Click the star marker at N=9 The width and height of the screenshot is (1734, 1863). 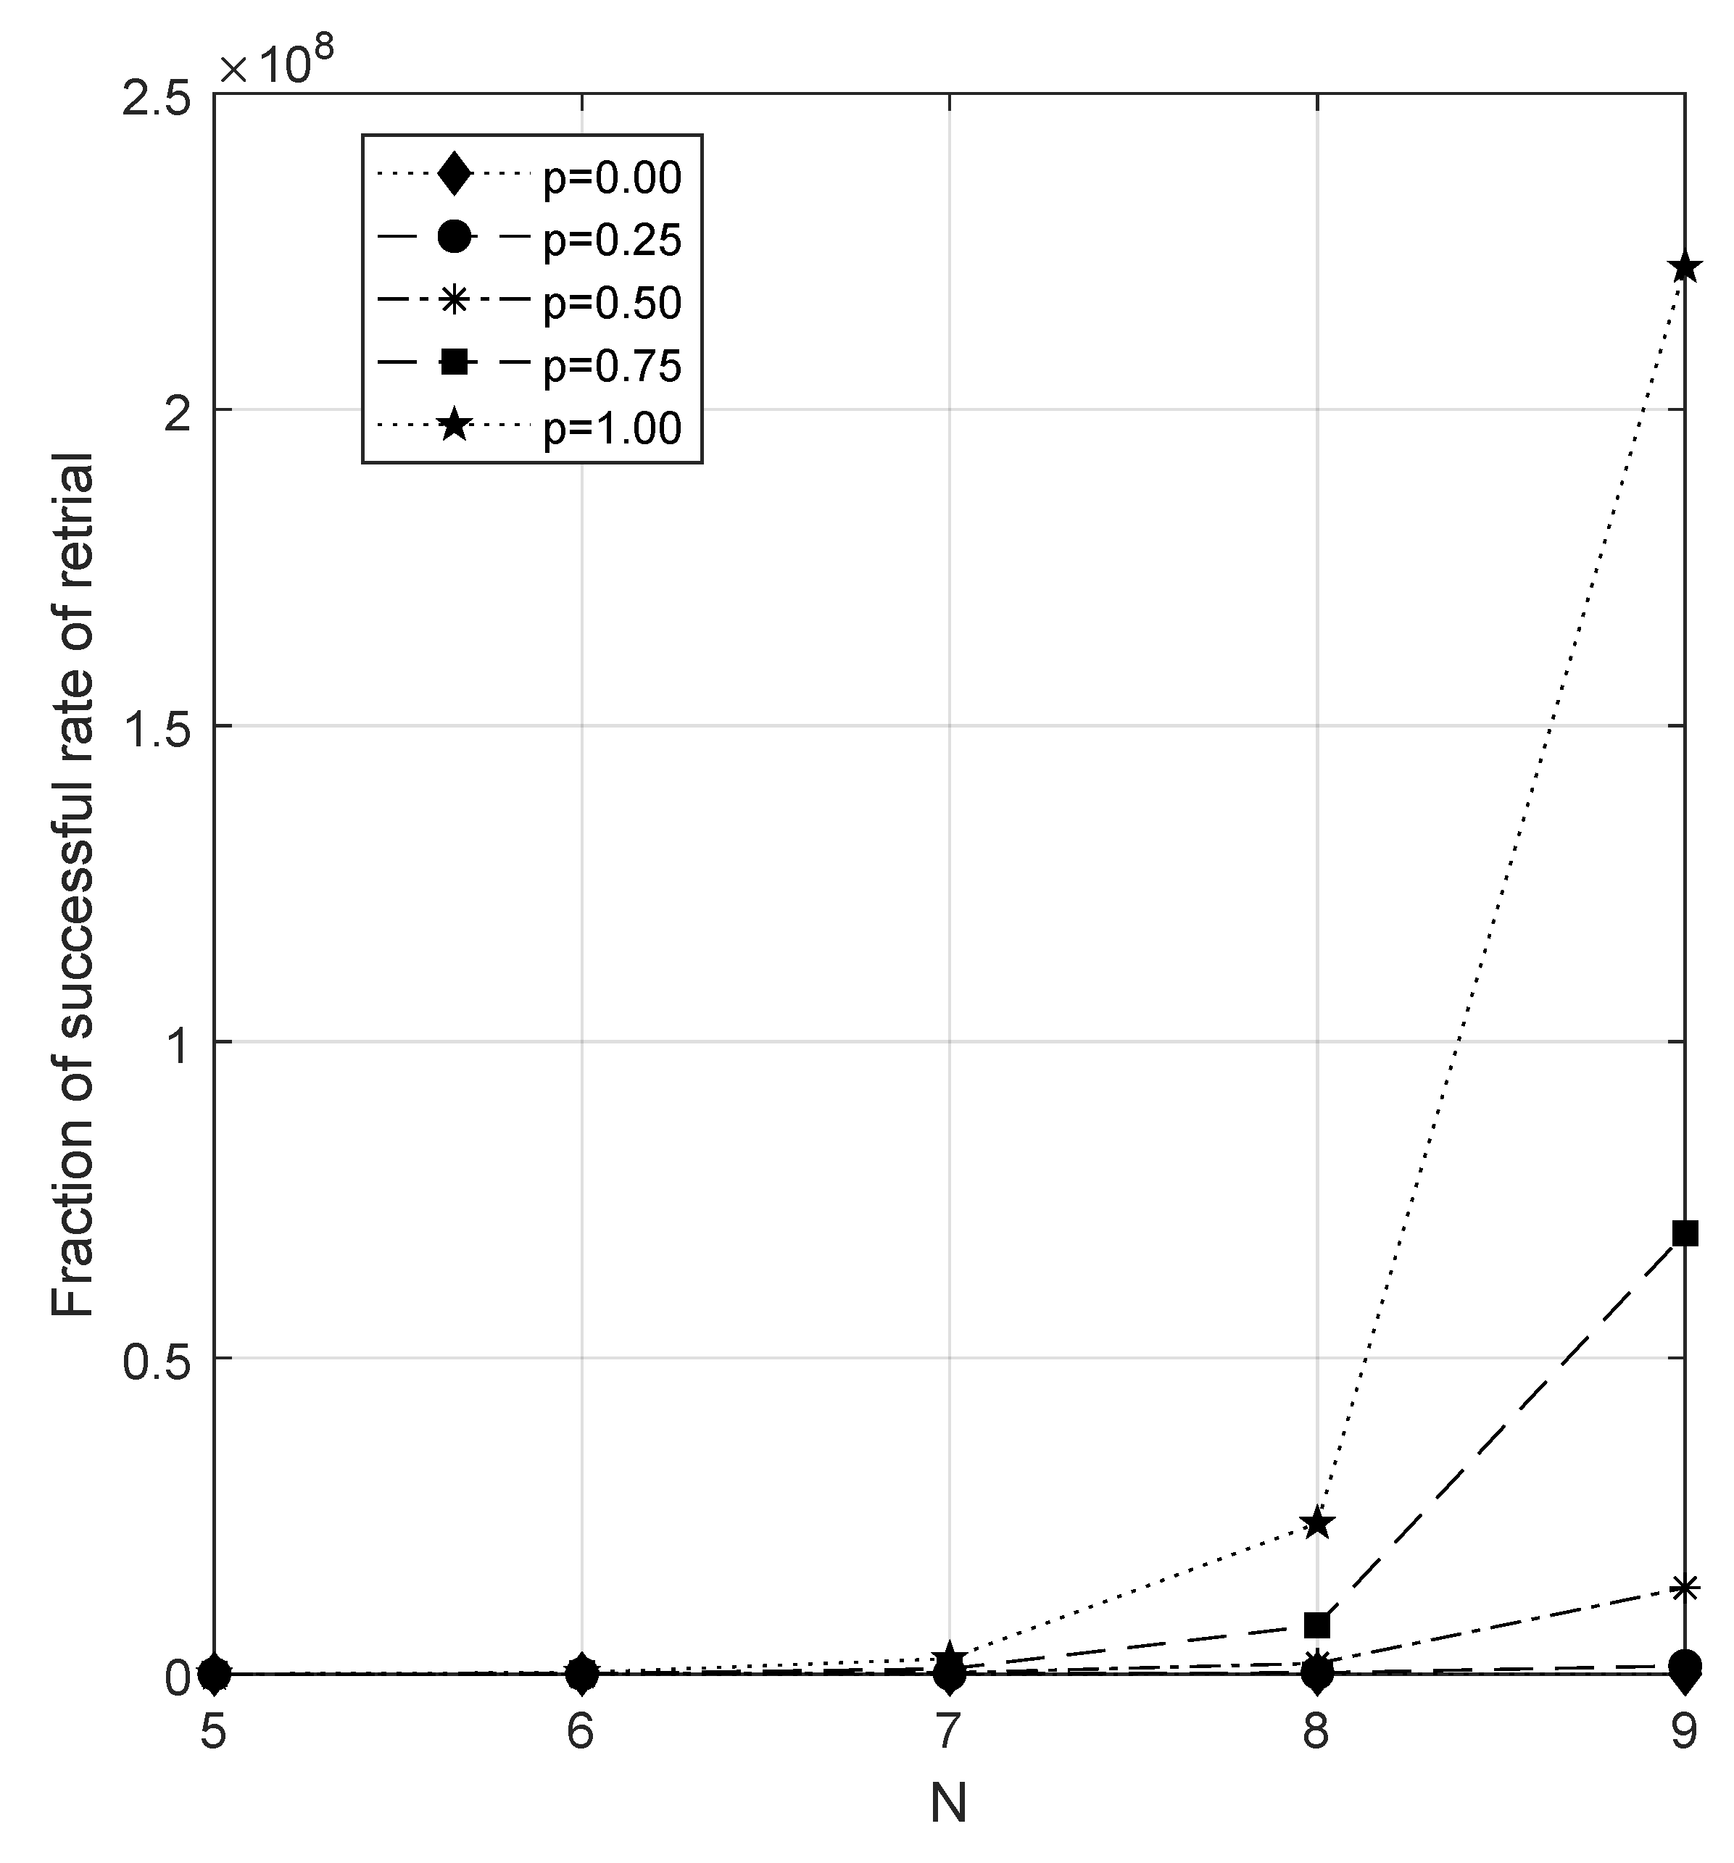click(x=1684, y=268)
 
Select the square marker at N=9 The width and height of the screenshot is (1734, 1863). click(x=1684, y=1233)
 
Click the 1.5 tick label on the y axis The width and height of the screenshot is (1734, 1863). click(x=156, y=726)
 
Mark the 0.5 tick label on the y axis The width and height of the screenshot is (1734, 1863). click(x=156, y=1358)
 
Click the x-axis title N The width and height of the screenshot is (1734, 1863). click(x=948, y=1803)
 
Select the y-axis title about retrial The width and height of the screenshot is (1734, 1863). click(x=73, y=885)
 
